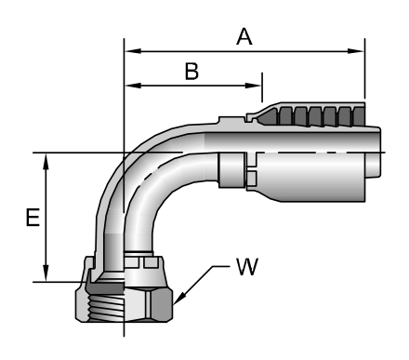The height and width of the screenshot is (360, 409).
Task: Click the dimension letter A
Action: tap(244, 36)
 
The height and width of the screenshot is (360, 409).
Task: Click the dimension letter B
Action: tap(191, 72)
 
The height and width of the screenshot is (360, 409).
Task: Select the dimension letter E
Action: tap(33, 217)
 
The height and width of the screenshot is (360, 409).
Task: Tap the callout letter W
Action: tap(247, 267)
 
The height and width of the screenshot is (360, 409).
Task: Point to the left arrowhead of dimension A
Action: tap(133, 51)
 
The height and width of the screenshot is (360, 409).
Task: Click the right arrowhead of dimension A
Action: tap(356, 51)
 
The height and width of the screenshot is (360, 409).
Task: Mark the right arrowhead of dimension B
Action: tap(254, 86)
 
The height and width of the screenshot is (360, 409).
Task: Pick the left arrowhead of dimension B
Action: tap(133, 86)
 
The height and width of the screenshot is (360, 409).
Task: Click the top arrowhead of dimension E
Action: tap(46, 162)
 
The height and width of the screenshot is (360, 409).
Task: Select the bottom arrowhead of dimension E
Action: tap(46, 273)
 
